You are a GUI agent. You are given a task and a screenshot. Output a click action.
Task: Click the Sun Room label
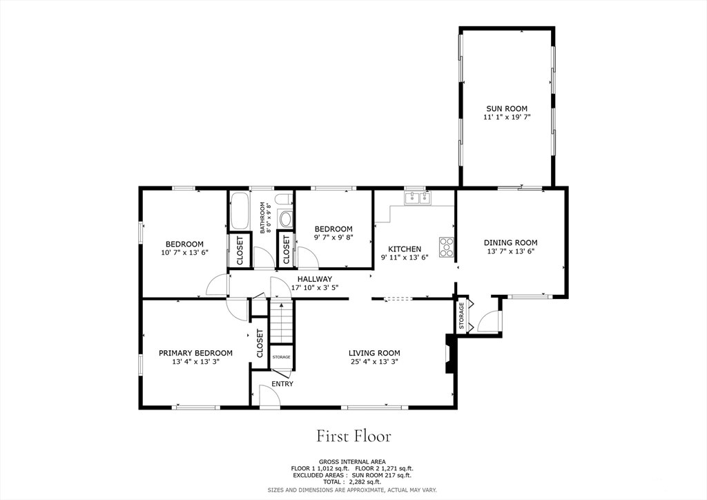coord(506,108)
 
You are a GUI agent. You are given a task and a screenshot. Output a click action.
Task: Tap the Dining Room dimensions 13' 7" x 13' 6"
coord(510,251)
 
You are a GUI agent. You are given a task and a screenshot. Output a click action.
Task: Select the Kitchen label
coord(405,249)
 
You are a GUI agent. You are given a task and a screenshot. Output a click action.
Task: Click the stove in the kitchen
coord(447,247)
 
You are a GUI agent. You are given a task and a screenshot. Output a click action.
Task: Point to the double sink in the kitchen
coord(418,198)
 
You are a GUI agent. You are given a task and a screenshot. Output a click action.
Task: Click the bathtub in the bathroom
coord(240,211)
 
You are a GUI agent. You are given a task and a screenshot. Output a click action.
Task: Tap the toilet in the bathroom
coord(284,200)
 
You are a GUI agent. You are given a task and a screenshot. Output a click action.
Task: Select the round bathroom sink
coord(285,220)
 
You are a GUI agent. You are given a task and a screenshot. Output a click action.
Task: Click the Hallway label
coord(314,279)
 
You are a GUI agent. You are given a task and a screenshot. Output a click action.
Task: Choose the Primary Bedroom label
coord(195,353)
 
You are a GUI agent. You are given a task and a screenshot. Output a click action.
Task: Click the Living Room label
coord(374,353)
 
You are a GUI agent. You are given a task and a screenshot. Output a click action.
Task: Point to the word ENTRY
coord(282,384)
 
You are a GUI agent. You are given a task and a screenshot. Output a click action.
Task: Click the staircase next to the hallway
coord(282,323)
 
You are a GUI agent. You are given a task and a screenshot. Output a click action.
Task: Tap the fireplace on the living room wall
coord(451,354)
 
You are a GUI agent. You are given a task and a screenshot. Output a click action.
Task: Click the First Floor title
coord(353,436)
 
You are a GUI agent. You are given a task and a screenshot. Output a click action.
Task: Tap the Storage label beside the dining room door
coord(461,316)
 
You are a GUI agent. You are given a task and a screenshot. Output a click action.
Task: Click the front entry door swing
coord(270,396)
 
